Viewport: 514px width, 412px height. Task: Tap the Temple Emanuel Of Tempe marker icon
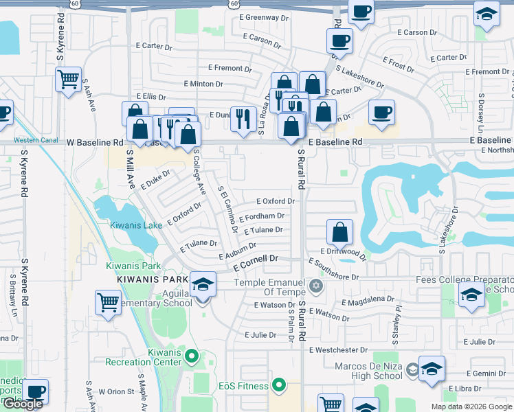(x=316, y=284)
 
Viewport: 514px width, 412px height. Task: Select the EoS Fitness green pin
(x=278, y=385)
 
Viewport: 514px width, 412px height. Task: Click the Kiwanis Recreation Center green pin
(x=192, y=356)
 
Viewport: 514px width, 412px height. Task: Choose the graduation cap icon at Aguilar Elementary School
(x=203, y=284)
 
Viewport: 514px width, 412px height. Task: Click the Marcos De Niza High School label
(x=368, y=371)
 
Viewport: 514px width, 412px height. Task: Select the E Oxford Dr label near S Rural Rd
(x=275, y=202)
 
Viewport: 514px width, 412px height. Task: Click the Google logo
(x=23, y=404)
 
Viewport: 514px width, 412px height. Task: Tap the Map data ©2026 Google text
(x=472, y=407)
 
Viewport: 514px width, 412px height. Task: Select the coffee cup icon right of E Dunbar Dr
(x=381, y=113)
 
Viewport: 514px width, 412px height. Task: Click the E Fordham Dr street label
(x=261, y=216)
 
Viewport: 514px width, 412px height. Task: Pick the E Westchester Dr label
(x=344, y=350)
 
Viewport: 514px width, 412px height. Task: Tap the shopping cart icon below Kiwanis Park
(x=109, y=301)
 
